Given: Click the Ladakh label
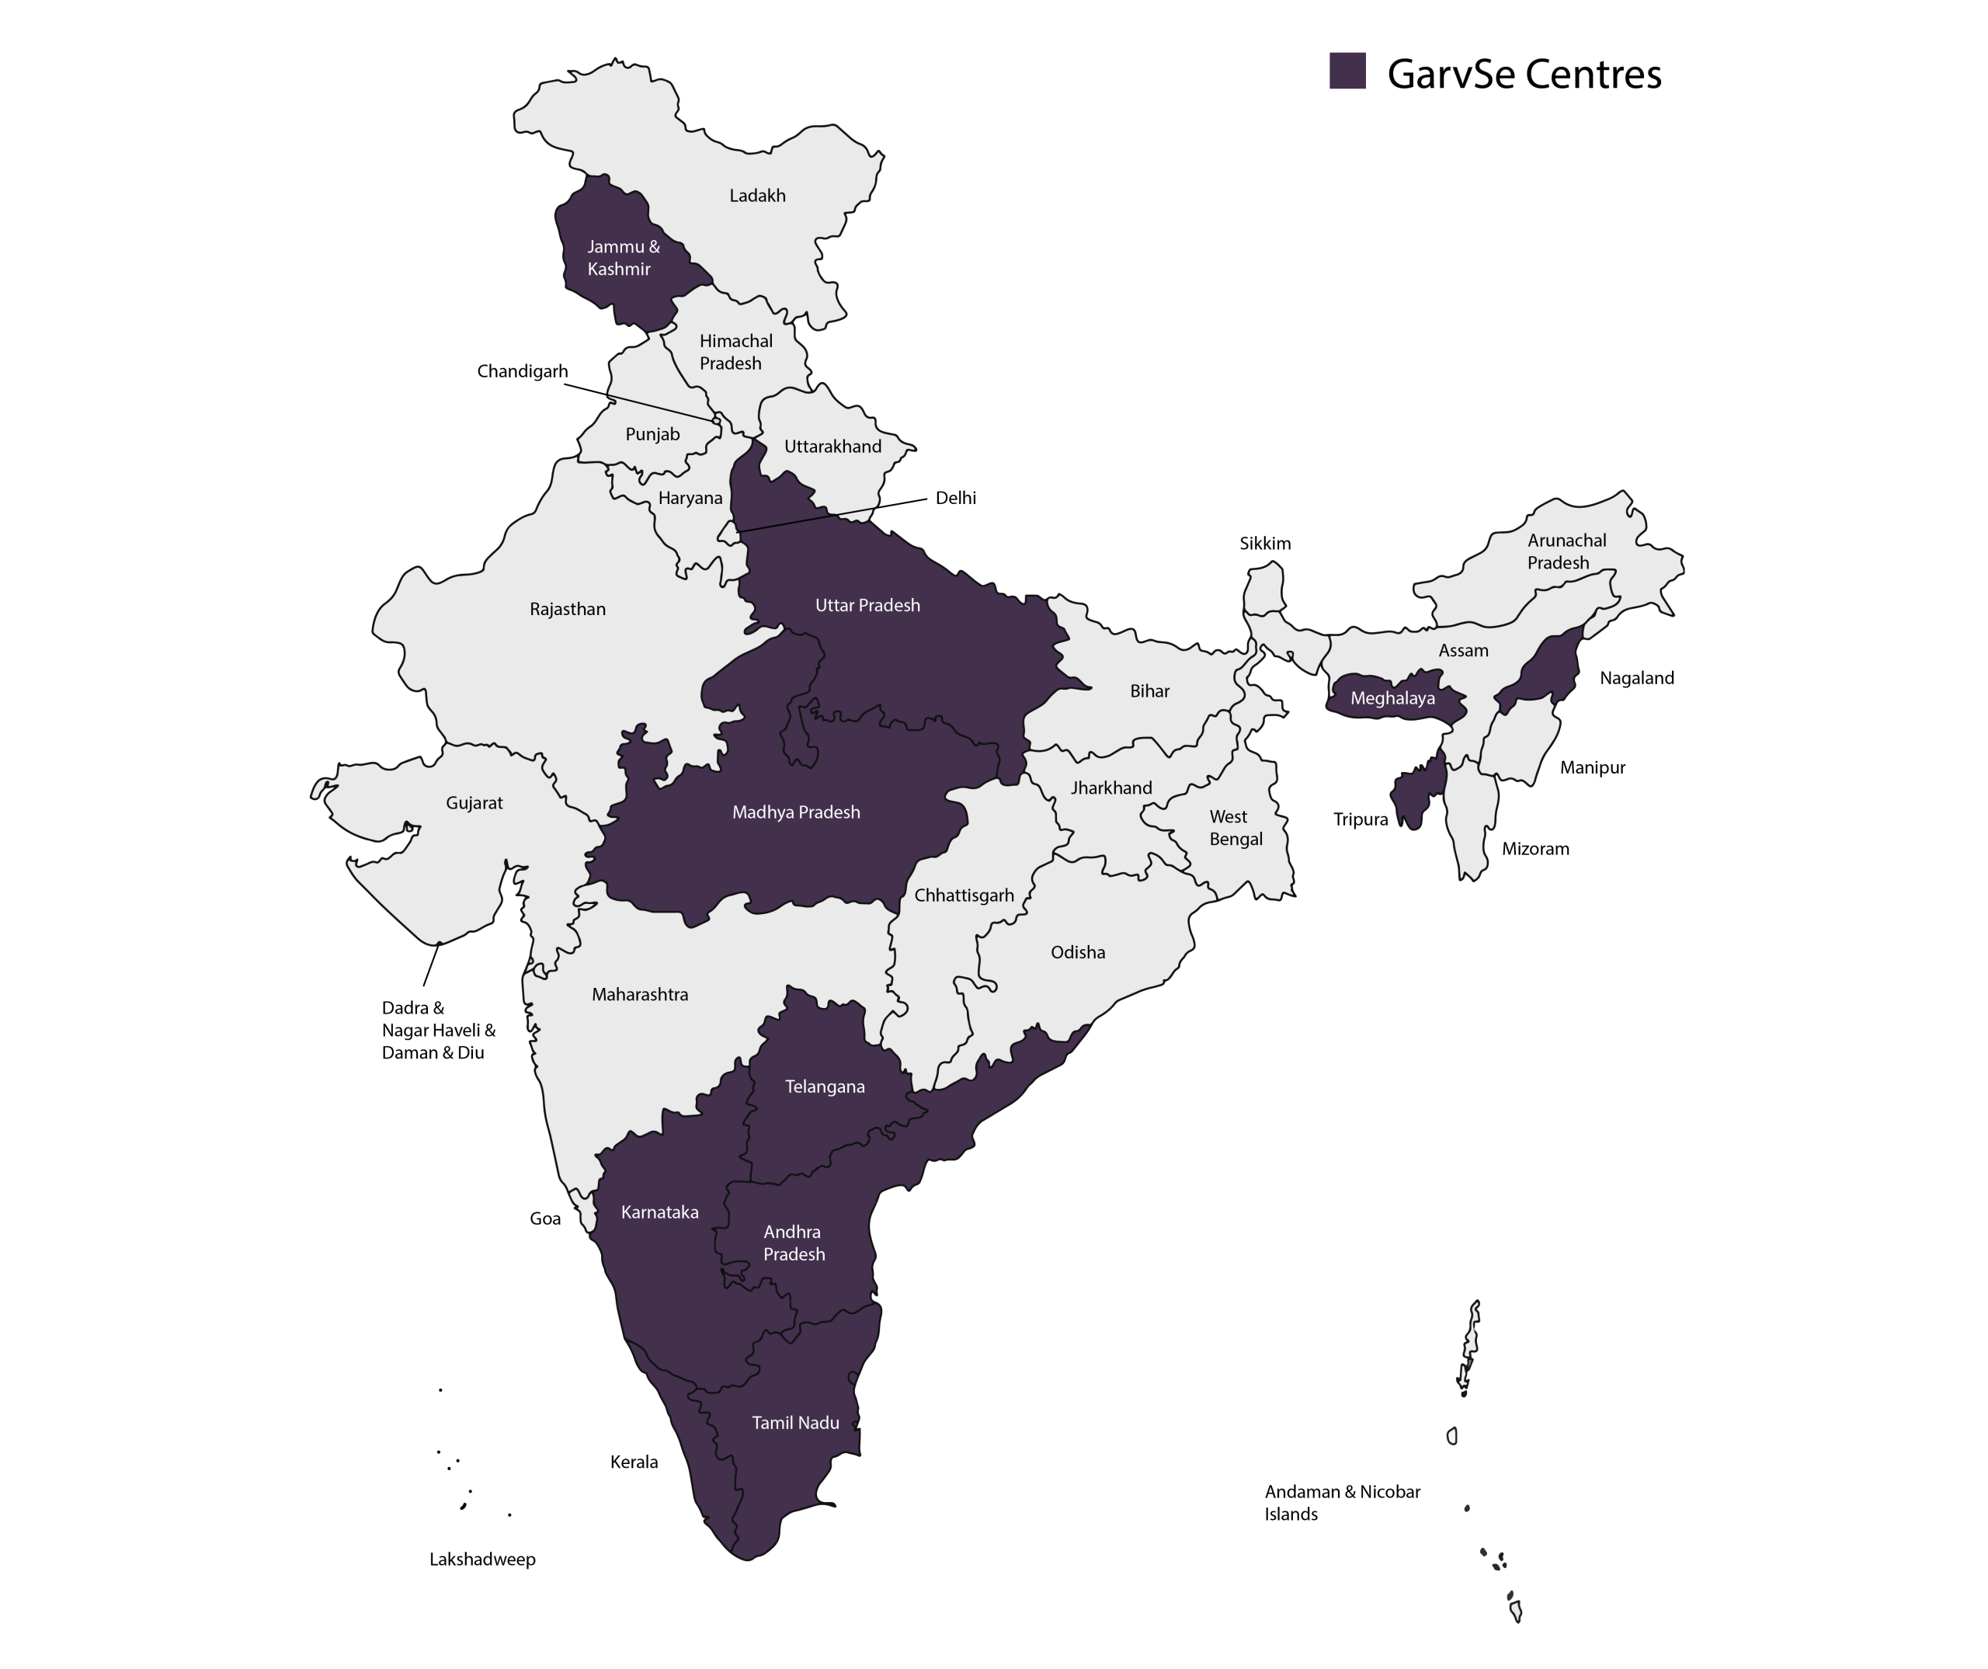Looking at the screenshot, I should tap(757, 196).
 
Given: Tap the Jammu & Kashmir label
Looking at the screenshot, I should tap(622, 258).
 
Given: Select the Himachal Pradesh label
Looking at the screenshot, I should tap(735, 352).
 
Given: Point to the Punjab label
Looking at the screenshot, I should tap(652, 434).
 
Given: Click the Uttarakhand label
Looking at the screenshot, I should tap(832, 447).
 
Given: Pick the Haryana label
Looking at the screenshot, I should tap(690, 498).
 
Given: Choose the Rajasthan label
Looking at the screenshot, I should tap(567, 609).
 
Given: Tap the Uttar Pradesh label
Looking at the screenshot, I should tap(867, 605).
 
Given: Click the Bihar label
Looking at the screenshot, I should tap(1149, 691).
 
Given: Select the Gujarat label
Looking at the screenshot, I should tap(474, 803).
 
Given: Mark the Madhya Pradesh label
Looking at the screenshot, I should tap(796, 812).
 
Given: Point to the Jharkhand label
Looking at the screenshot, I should tap(1111, 788).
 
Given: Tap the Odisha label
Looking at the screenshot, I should tap(1077, 952).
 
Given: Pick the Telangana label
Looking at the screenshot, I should tap(825, 1087).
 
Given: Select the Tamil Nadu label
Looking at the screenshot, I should tap(795, 1423).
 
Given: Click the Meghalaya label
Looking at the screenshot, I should tap(1392, 699).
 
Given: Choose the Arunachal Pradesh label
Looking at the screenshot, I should tap(1566, 551).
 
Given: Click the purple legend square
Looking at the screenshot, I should tap(1347, 71).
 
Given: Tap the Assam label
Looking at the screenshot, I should tap(1462, 650).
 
